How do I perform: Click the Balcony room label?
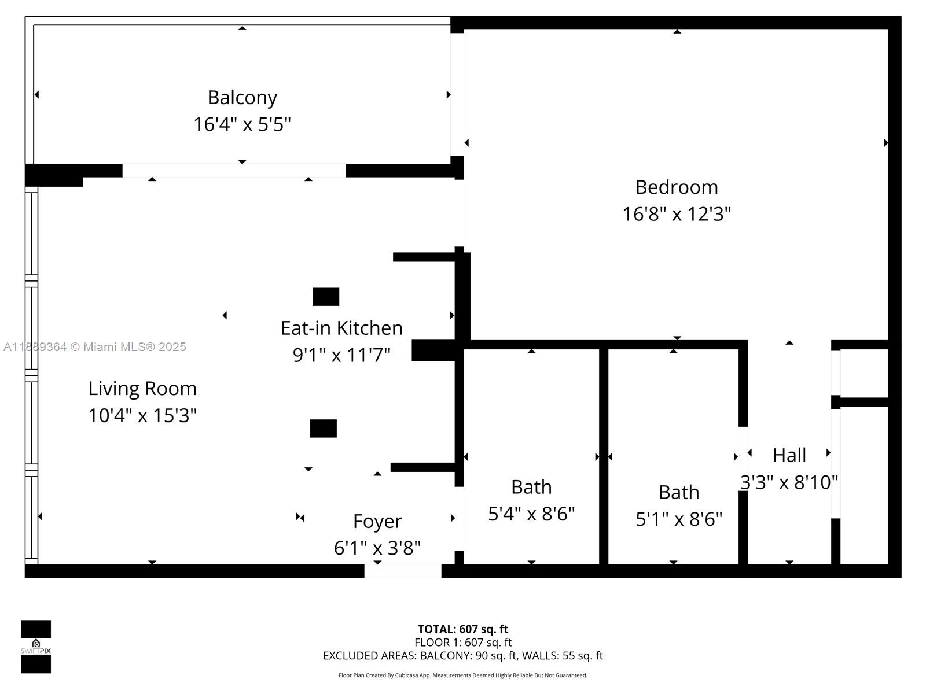(x=242, y=98)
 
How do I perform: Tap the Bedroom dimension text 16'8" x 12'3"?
(x=677, y=214)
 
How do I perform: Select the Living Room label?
(x=142, y=389)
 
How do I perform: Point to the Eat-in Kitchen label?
(x=341, y=328)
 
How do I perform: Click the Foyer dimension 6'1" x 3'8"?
(x=377, y=548)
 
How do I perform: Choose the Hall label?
(x=789, y=456)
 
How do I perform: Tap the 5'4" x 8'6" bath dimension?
(x=531, y=514)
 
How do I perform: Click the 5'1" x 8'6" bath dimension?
(x=679, y=519)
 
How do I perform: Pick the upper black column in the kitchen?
(x=326, y=297)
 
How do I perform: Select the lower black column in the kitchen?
(x=323, y=429)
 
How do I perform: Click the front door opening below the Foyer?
(x=403, y=571)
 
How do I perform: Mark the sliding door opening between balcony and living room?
(x=234, y=171)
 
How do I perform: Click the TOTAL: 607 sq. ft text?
(x=463, y=629)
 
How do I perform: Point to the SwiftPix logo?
(x=36, y=647)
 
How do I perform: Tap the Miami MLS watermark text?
(x=94, y=347)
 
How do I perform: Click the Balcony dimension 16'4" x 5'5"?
(x=242, y=124)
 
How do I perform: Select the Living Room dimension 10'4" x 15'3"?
(x=142, y=415)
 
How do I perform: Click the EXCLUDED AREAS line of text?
(x=463, y=656)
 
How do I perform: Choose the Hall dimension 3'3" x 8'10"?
(x=789, y=482)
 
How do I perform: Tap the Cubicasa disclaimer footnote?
(x=463, y=675)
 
